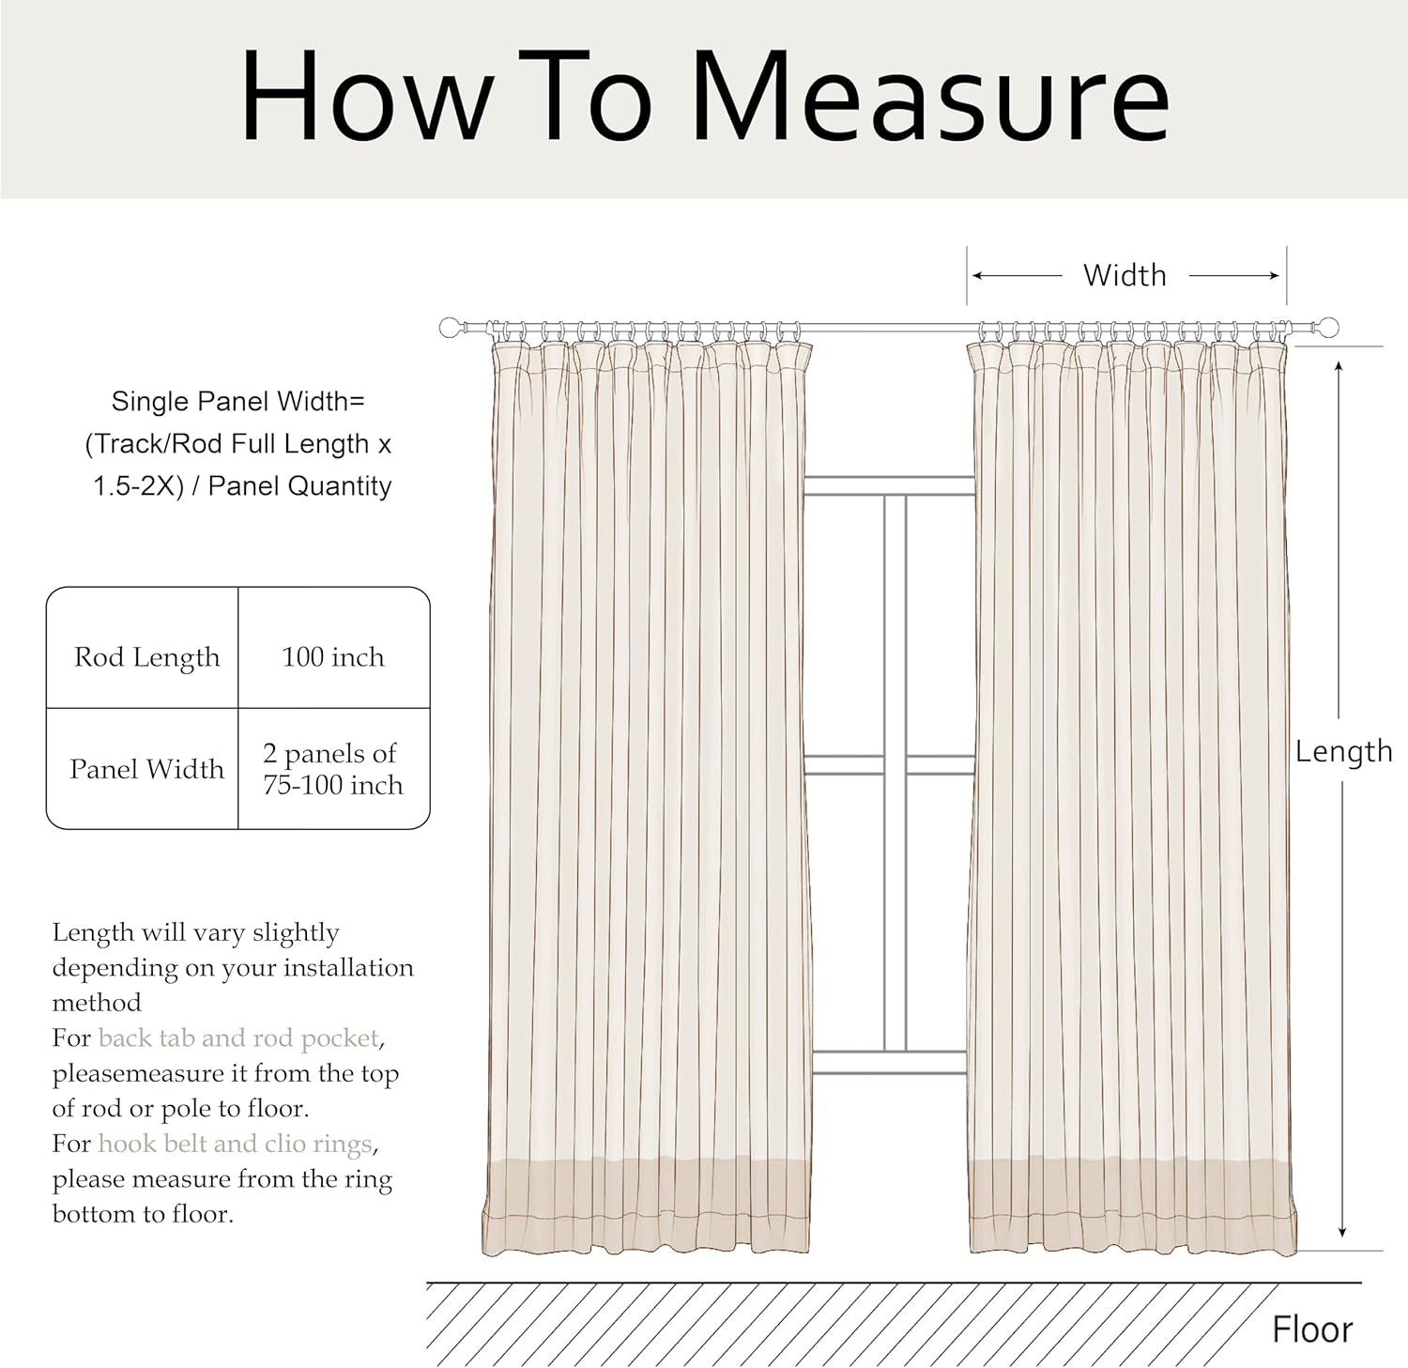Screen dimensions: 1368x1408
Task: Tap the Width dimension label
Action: coord(1125,275)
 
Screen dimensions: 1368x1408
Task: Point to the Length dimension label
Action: coord(1343,751)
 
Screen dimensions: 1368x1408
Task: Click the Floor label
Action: coord(1311,1330)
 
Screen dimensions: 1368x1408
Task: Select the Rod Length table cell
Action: coord(146,657)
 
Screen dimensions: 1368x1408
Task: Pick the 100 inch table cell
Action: coord(333,657)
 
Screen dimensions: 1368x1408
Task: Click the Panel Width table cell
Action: coord(146,769)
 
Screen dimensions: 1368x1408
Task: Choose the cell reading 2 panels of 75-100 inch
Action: coord(332,769)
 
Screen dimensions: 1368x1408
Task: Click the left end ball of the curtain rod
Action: coord(451,328)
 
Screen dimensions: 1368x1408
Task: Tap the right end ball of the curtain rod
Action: coord(1327,328)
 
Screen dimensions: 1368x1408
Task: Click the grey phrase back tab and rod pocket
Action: coord(238,1038)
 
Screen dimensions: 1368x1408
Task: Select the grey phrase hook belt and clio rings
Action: coord(235,1144)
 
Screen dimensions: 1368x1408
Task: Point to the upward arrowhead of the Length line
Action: coord(1339,365)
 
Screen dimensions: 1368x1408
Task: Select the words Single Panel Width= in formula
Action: coord(237,402)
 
